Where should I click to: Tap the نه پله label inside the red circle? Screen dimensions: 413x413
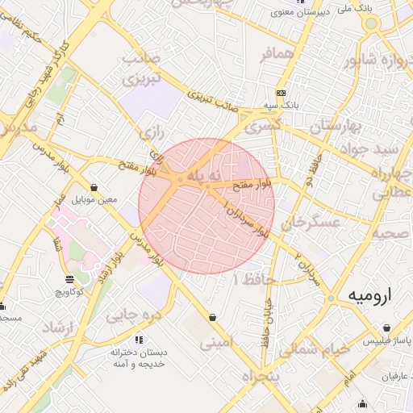click(x=202, y=175)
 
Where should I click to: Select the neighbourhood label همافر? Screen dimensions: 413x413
click(x=257, y=56)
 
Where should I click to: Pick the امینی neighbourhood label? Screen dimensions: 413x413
click(x=216, y=342)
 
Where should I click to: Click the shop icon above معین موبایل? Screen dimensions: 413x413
click(x=95, y=187)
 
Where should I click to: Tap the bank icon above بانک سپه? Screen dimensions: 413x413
click(x=281, y=94)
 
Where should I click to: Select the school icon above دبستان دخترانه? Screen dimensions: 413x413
click(x=138, y=340)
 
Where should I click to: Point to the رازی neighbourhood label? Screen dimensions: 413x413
click(x=151, y=131)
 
